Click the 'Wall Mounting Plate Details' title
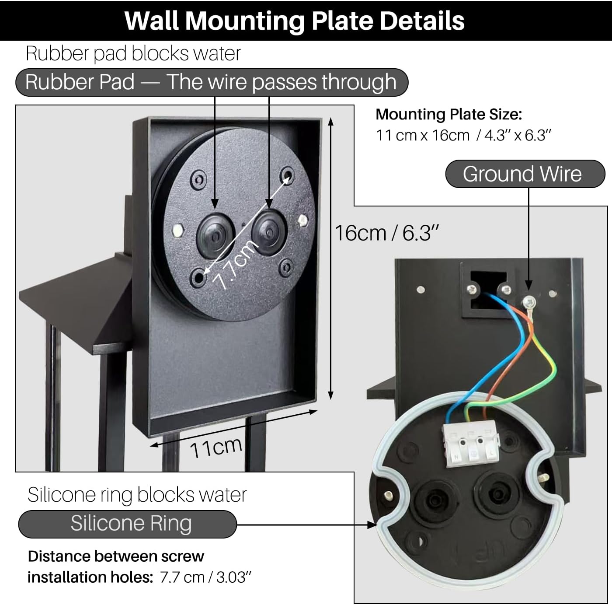tap(294, 21)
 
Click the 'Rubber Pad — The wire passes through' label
tap(211, 82)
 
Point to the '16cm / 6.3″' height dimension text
tap(386, 233)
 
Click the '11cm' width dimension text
tap(216, 447)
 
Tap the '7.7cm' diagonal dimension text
tap(235, 264)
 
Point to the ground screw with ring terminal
tap(529, 301)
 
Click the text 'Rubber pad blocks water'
tap(133, 54)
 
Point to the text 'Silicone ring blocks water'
tap(137, 495)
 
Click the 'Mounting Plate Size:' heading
tap(449, 115)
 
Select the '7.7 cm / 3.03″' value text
tap(205, 577)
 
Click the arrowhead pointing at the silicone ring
tap(372, 525)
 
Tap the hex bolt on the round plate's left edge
tap(177, 230)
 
